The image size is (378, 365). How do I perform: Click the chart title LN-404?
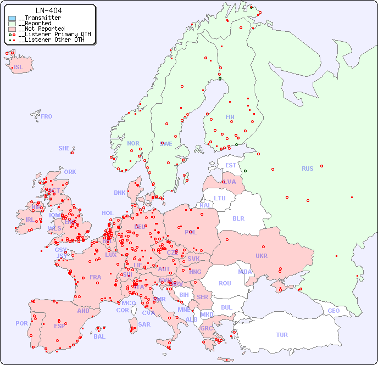[48, 10]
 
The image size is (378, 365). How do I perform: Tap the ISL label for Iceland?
[18, 68]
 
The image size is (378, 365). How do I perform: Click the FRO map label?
[47, 116]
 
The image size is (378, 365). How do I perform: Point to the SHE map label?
[64, 148]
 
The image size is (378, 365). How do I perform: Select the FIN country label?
[230, 117]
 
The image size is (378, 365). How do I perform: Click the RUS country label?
[307, 169]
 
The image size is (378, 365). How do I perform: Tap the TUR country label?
[282, 335]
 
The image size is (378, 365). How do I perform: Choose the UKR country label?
[262, 256]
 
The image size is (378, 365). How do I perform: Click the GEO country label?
[333, 311]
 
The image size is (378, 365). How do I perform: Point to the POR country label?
[21, 323]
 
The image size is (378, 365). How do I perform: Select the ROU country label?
[225, 283]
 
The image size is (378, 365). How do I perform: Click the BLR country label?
[238, 218]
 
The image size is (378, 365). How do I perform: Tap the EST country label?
[231, 165]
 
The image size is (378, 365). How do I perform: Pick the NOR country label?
[133, 143]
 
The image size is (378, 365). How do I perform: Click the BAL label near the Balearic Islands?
[99, 336]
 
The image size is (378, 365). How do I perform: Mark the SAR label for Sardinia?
[144, 324]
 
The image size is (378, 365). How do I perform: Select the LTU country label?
[220, 198]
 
